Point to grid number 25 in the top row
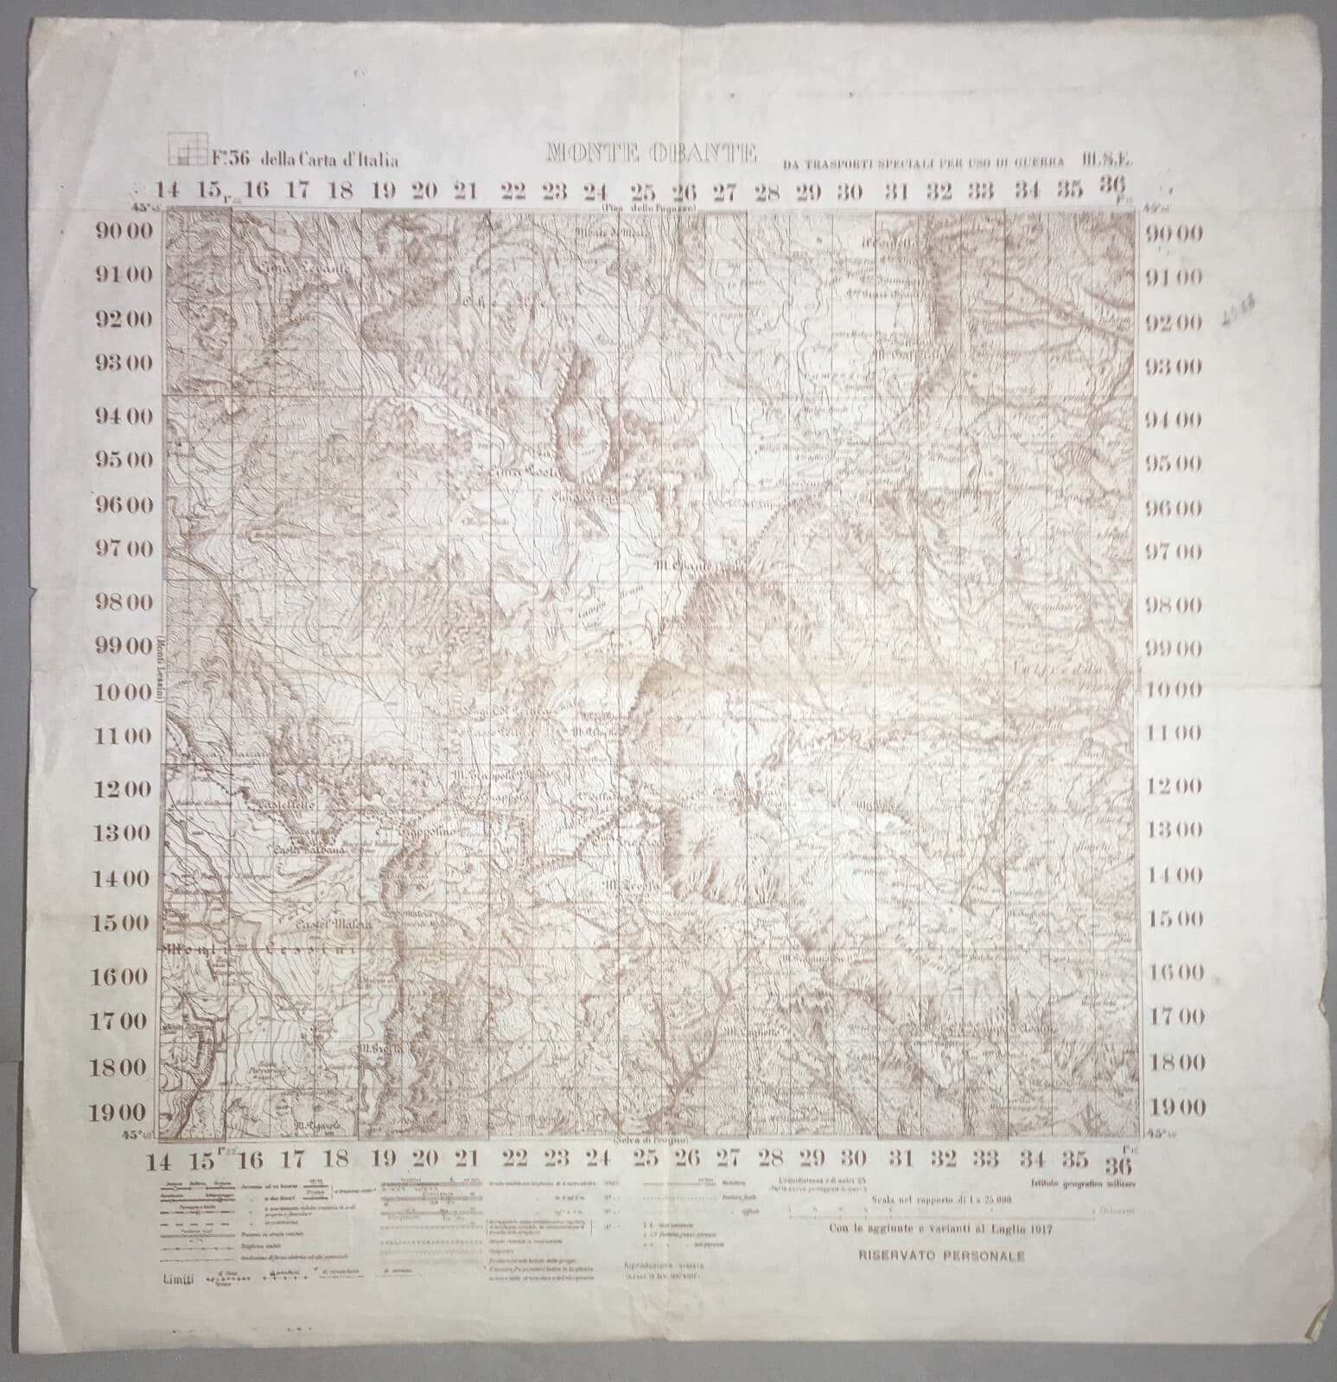click(x=642, y=191)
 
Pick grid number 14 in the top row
click(x=169, y=191)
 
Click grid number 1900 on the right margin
click(x=1174, y=1106)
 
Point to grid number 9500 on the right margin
click(x=1174, y=462)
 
